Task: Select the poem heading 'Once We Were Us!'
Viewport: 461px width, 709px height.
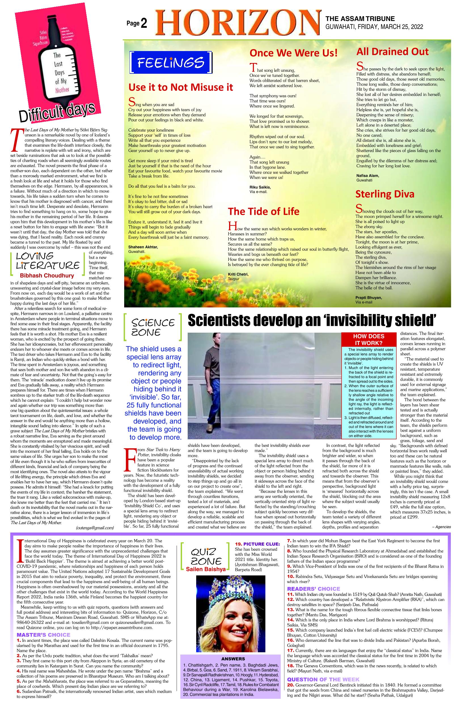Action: [294, 53]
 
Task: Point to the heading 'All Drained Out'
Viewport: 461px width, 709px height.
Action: [392, 52]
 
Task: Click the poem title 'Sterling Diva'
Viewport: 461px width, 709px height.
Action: [385, 194]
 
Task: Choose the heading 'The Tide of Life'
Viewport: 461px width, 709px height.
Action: [264, 211]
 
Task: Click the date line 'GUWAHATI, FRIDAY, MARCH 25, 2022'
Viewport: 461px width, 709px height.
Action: [374, 27]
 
